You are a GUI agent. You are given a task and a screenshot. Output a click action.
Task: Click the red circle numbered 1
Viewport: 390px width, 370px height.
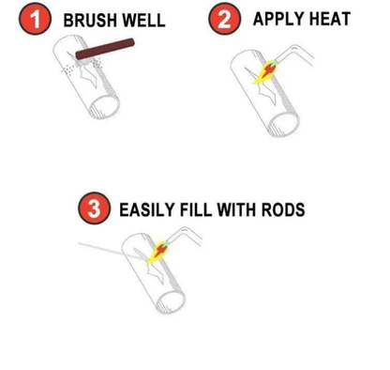click(35, 20)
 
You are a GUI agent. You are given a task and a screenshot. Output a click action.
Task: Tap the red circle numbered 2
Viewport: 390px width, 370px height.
click(224, 19)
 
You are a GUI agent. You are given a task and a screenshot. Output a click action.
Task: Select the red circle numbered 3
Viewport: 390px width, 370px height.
click(94, 208)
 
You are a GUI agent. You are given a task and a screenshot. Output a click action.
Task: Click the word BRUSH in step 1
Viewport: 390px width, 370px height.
click(90, 21)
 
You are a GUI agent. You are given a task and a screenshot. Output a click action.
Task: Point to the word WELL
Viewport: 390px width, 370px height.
click(143, 21)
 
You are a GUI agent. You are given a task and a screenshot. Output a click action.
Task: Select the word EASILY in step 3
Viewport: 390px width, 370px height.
click(147, 209)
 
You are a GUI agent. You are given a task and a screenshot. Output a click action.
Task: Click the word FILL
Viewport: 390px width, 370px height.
click(196, 209)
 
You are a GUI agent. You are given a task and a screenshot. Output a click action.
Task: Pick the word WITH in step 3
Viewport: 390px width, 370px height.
click(236, 209)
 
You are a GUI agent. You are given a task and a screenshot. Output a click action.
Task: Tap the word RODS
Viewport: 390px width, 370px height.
click(283, 209)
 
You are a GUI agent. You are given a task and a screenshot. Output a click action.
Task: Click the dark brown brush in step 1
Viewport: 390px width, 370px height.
click(105, 49)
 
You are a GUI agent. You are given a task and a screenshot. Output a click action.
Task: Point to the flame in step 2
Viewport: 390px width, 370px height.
click(265, 72)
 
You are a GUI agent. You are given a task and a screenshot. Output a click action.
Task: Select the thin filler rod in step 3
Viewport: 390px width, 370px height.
click(112, 251)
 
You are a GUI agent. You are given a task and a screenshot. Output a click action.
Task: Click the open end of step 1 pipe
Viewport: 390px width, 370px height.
click(104, 106)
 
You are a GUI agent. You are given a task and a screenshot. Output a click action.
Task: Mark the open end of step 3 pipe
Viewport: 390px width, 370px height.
click(171, 302)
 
